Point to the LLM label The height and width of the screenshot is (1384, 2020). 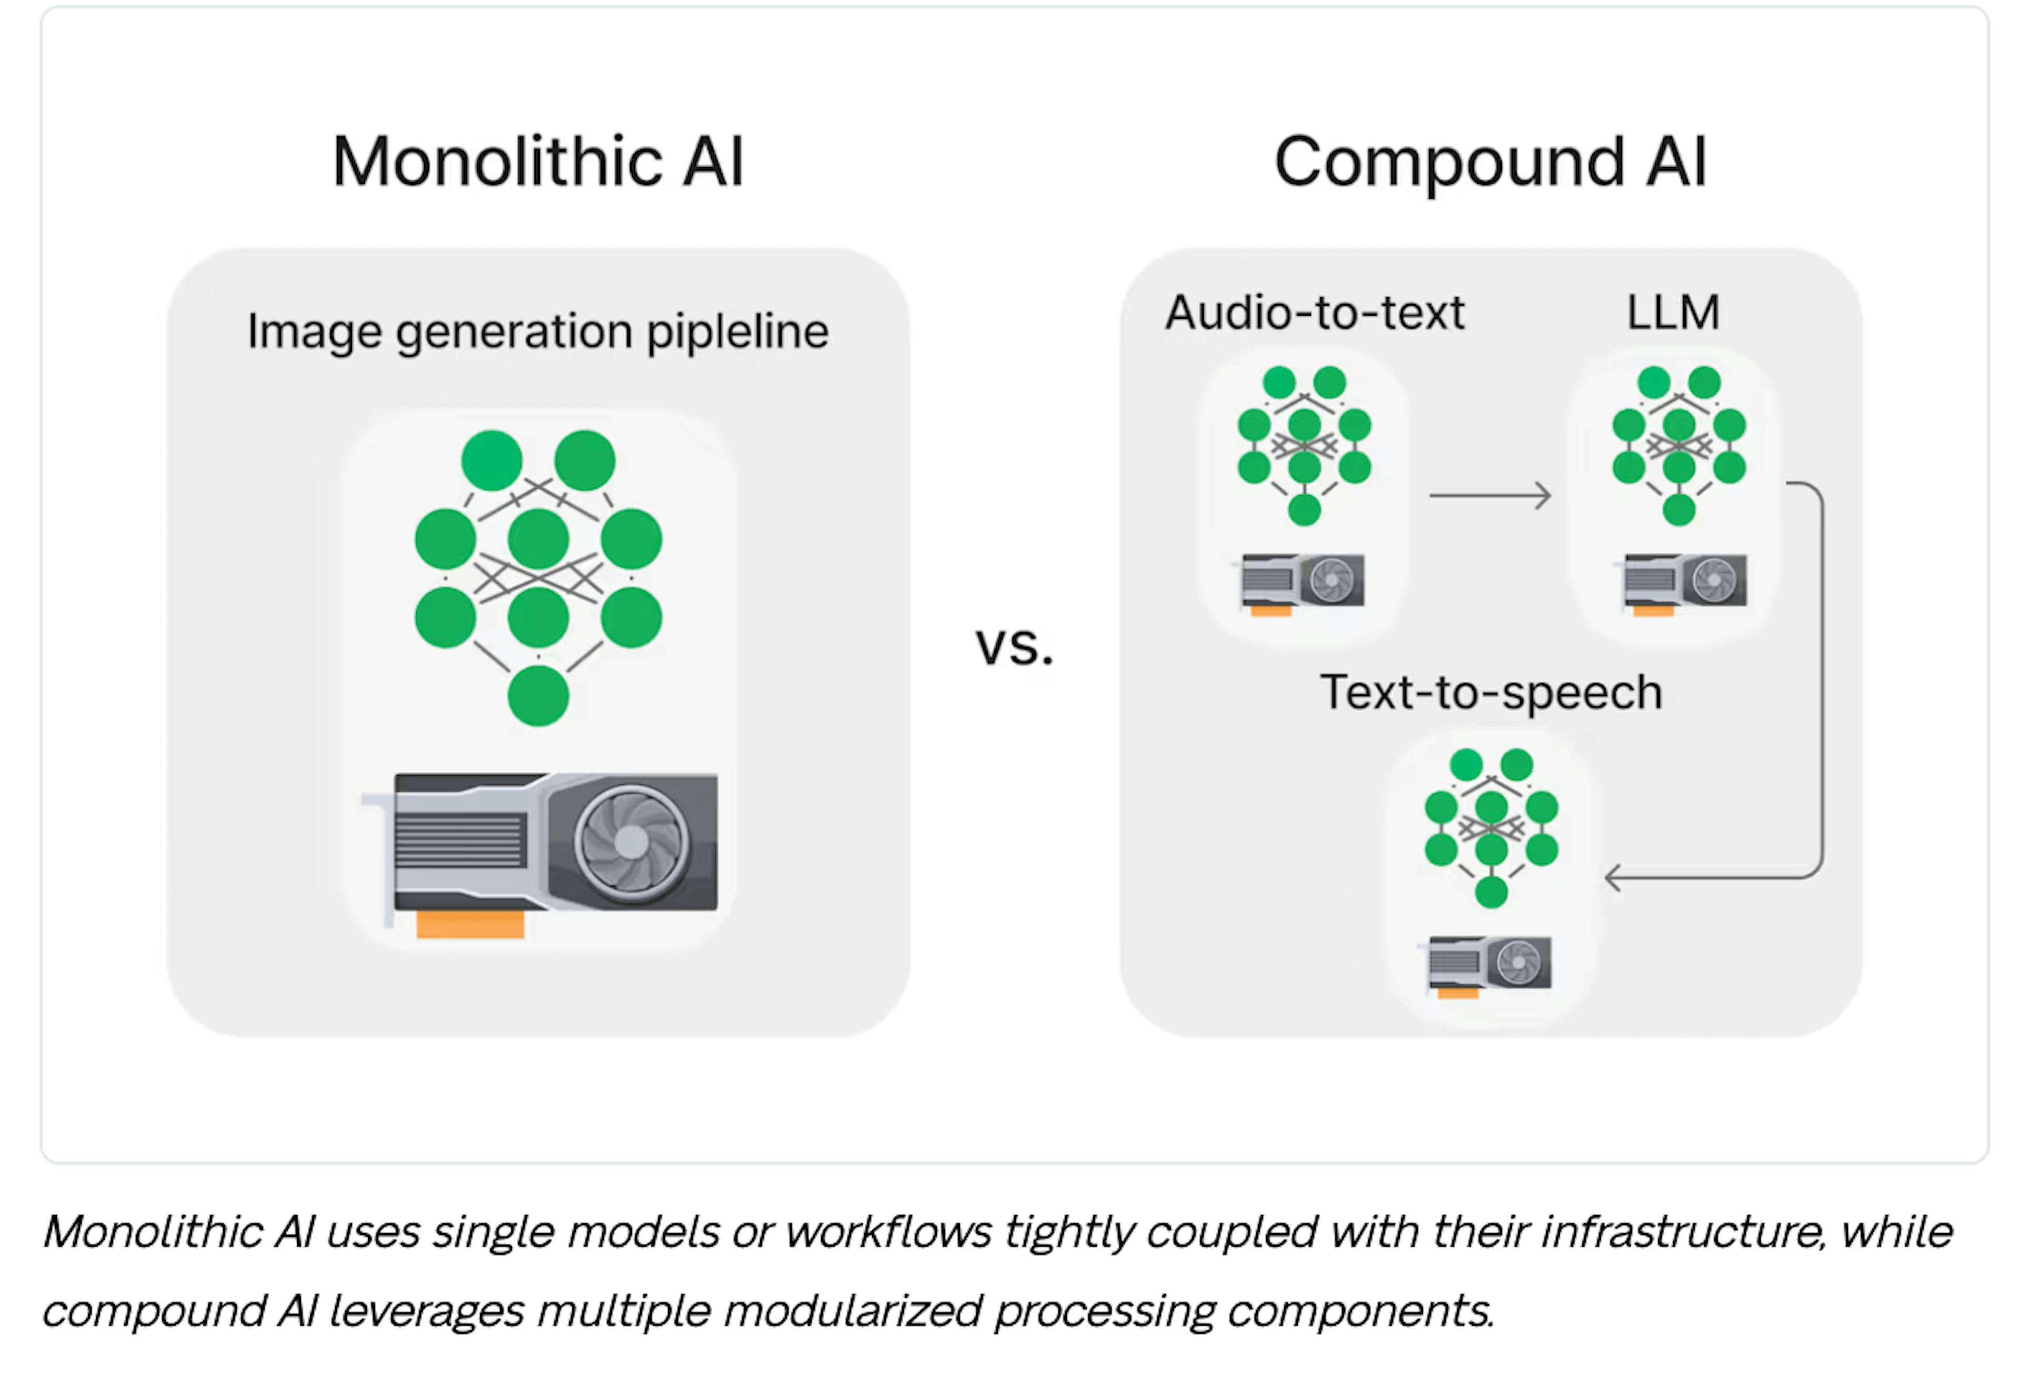(x=1672, y=313)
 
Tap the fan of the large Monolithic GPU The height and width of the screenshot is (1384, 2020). (x=631, y=841)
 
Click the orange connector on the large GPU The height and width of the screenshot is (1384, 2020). (x=470, y=924)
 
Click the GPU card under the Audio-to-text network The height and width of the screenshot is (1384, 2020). (x=1302, y=581)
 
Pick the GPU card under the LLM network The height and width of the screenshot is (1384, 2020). (x=1684, y=581)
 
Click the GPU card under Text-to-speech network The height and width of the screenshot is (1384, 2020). (x=1490, y=962)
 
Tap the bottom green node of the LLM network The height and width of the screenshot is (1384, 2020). (x=1679, y=509)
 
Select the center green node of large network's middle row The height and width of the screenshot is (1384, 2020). (x=538, y=539)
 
